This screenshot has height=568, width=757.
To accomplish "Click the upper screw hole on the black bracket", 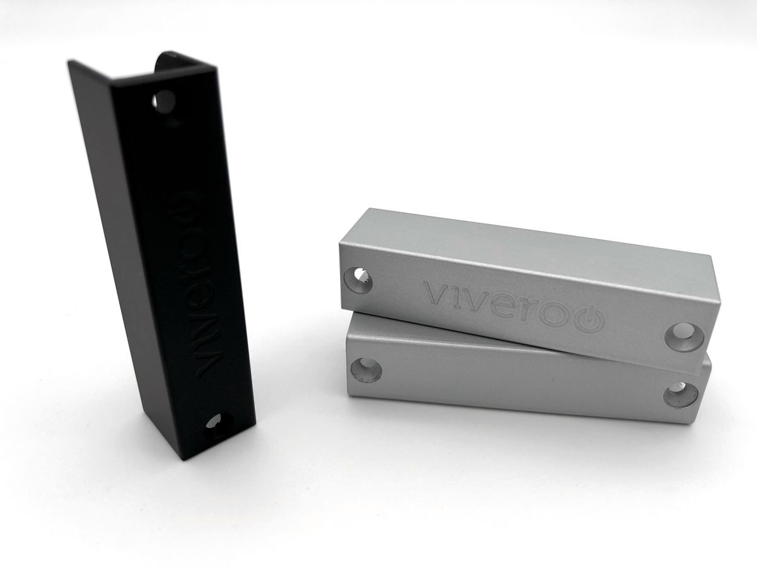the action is [165, 102].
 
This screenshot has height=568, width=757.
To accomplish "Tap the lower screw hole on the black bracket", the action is [219, 422].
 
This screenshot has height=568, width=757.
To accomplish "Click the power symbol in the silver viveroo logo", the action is [589, 320].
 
